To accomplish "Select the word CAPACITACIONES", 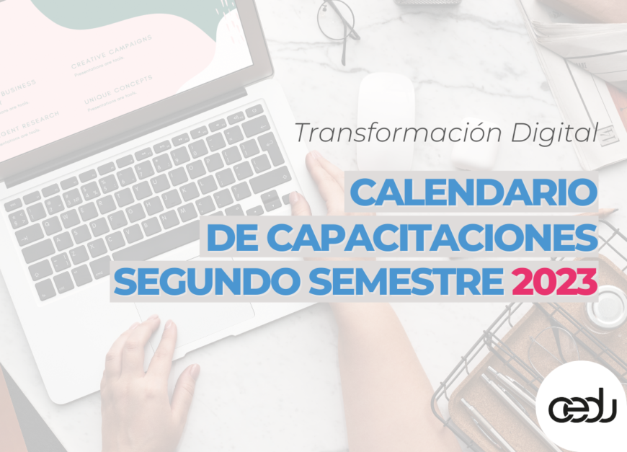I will click(424, 236).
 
